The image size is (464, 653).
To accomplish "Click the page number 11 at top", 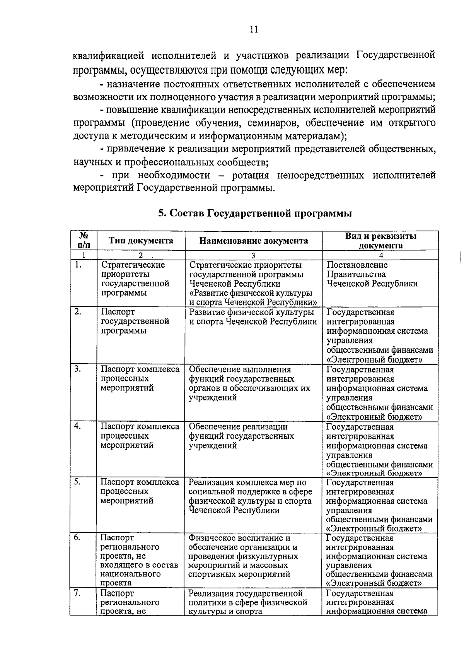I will (254, 30).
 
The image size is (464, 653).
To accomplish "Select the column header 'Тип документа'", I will (141, 241).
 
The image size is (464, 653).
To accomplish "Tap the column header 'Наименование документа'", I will (254, 241).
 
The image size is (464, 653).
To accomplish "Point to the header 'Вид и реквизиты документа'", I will (380, 241).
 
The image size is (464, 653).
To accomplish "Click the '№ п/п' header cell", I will (83, 240).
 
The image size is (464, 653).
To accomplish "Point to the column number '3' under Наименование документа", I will (253, 255).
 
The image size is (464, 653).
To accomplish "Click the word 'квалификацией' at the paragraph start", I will (109, 56).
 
